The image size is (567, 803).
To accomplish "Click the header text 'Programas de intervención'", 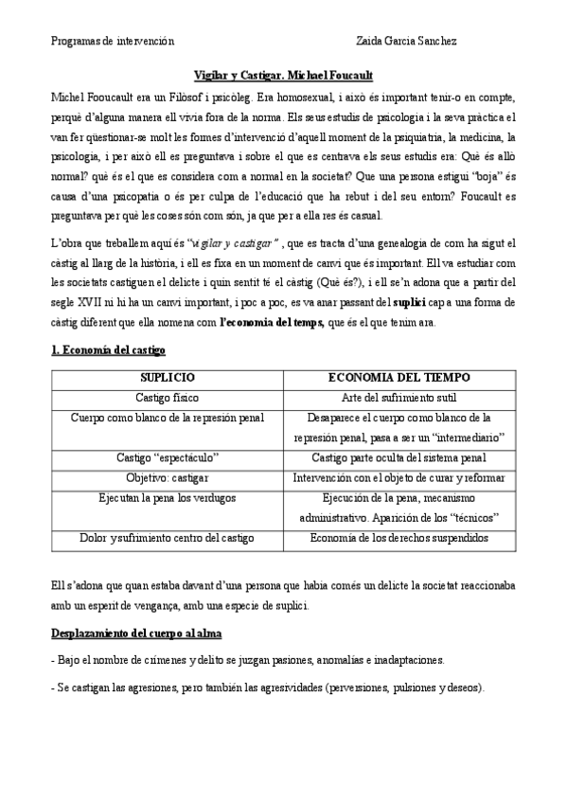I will [113, 41].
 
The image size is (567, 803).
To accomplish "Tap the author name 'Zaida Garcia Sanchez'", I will [407, 41].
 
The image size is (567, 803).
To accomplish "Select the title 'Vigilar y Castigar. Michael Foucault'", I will [283, 77].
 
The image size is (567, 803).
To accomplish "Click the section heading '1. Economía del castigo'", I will [107, 351].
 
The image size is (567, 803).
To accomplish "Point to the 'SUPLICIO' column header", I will [167, 378].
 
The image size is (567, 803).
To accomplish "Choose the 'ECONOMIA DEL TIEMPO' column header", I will [399, 378].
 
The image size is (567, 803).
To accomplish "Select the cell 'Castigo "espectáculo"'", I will [167, 458].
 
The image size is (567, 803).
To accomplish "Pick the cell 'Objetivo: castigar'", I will [167, 477].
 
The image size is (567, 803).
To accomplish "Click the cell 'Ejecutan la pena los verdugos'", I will [167, 497].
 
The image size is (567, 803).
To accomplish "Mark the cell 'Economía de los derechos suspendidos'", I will [399, 538].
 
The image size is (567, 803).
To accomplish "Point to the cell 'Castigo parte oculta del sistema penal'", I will [399, 458].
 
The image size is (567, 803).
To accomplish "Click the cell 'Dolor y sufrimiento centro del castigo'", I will [167, 538].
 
